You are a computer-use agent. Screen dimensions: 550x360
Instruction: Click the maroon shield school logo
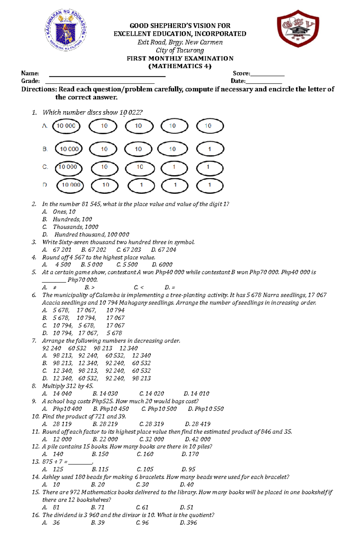click(298, 29)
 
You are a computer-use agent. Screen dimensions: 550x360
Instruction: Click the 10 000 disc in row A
click(66, 126)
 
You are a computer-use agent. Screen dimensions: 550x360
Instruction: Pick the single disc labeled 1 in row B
click(210, 149)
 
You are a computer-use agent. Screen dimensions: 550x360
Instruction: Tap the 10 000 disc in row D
click(70, 185)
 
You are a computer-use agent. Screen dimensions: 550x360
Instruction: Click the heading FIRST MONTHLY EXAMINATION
click(180, 58)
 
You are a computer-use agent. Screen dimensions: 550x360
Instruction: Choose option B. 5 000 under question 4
click(92, 265)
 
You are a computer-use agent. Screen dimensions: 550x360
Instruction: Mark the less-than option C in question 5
click(139, 288)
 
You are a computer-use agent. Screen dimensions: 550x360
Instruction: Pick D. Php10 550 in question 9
click(206, 409)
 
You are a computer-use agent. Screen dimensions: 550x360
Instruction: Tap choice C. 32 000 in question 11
click(151, 439)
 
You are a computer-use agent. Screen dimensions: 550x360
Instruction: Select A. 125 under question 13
click(53, 469)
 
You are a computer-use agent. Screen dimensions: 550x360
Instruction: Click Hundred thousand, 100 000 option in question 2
click(91, 235)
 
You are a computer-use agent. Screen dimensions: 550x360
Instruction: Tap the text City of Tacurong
click(180, 50)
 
